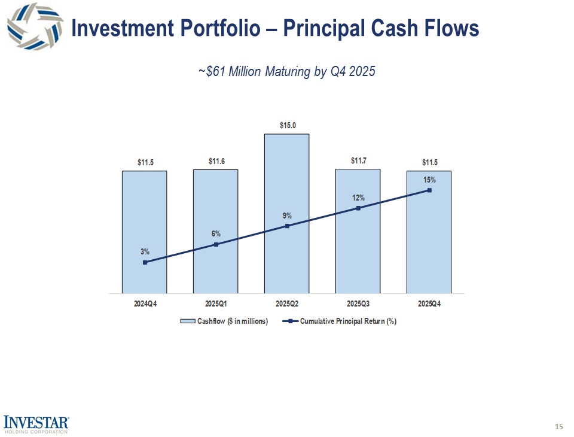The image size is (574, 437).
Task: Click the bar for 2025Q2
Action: click(287, 180)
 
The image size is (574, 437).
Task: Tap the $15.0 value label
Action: click(287, 125)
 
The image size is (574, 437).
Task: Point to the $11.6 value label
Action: click(216, 161)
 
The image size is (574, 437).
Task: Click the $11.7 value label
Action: click(358, 160)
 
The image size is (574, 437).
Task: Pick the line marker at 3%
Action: click(145, 262)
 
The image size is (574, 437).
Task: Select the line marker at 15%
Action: click(429, 190)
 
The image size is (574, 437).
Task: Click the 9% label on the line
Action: click(287, 216)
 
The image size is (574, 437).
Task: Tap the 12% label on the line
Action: click(358, 198)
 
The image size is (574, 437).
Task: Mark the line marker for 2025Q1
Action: click(216, 244)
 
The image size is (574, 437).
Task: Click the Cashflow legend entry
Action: click(224, 321)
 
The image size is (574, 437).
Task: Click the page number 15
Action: click(559, 426)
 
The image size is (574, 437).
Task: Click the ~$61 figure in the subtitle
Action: click(210, 72)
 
